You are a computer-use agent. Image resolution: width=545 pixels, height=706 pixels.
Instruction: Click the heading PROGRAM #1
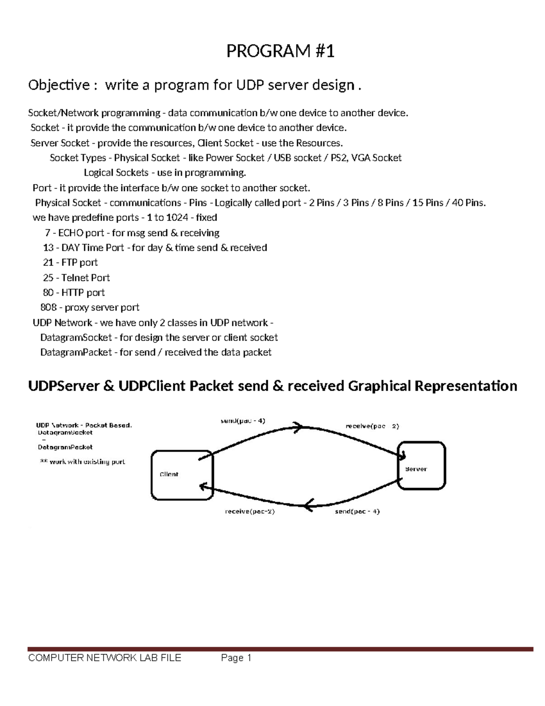(x=280, y=51)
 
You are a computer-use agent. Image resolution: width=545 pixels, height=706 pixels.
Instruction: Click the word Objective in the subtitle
(x=59, y=85)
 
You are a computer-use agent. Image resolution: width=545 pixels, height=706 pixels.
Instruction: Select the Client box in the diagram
(x=182, y=475)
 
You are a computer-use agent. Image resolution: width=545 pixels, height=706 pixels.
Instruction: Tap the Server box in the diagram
(x=421, y=466)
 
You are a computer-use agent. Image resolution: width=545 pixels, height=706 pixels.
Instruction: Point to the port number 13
(x=48, y=248)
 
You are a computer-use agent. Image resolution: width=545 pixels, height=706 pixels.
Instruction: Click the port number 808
(x=48, y=308)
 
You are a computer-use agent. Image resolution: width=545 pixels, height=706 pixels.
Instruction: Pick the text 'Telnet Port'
(x=85, y=278)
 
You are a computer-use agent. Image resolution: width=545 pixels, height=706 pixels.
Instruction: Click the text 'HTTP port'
(x=83, y=293)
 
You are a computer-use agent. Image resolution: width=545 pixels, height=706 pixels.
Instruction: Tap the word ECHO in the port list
(x=71, y=233)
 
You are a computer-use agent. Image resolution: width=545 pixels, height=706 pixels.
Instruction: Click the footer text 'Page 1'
(x=236, y=658)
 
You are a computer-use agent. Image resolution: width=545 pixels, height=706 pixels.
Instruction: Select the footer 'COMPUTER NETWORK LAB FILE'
(x=104, y=658)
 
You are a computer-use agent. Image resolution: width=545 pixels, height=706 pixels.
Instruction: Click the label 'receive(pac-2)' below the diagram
(x=250, y=511)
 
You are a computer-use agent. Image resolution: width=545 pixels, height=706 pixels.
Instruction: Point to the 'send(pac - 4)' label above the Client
(x=243, y=421)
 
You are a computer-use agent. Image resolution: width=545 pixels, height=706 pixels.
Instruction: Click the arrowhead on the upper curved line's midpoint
(x=298, y=427)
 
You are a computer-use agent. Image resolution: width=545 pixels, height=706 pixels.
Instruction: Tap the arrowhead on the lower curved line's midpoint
(x=309, y=505)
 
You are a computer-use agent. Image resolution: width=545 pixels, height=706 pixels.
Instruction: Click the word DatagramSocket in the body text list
(x=76, y=338)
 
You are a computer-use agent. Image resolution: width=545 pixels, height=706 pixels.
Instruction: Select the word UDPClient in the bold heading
(x=152, y=386)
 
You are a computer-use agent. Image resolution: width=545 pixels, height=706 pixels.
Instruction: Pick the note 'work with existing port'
(x=87, y=462)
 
